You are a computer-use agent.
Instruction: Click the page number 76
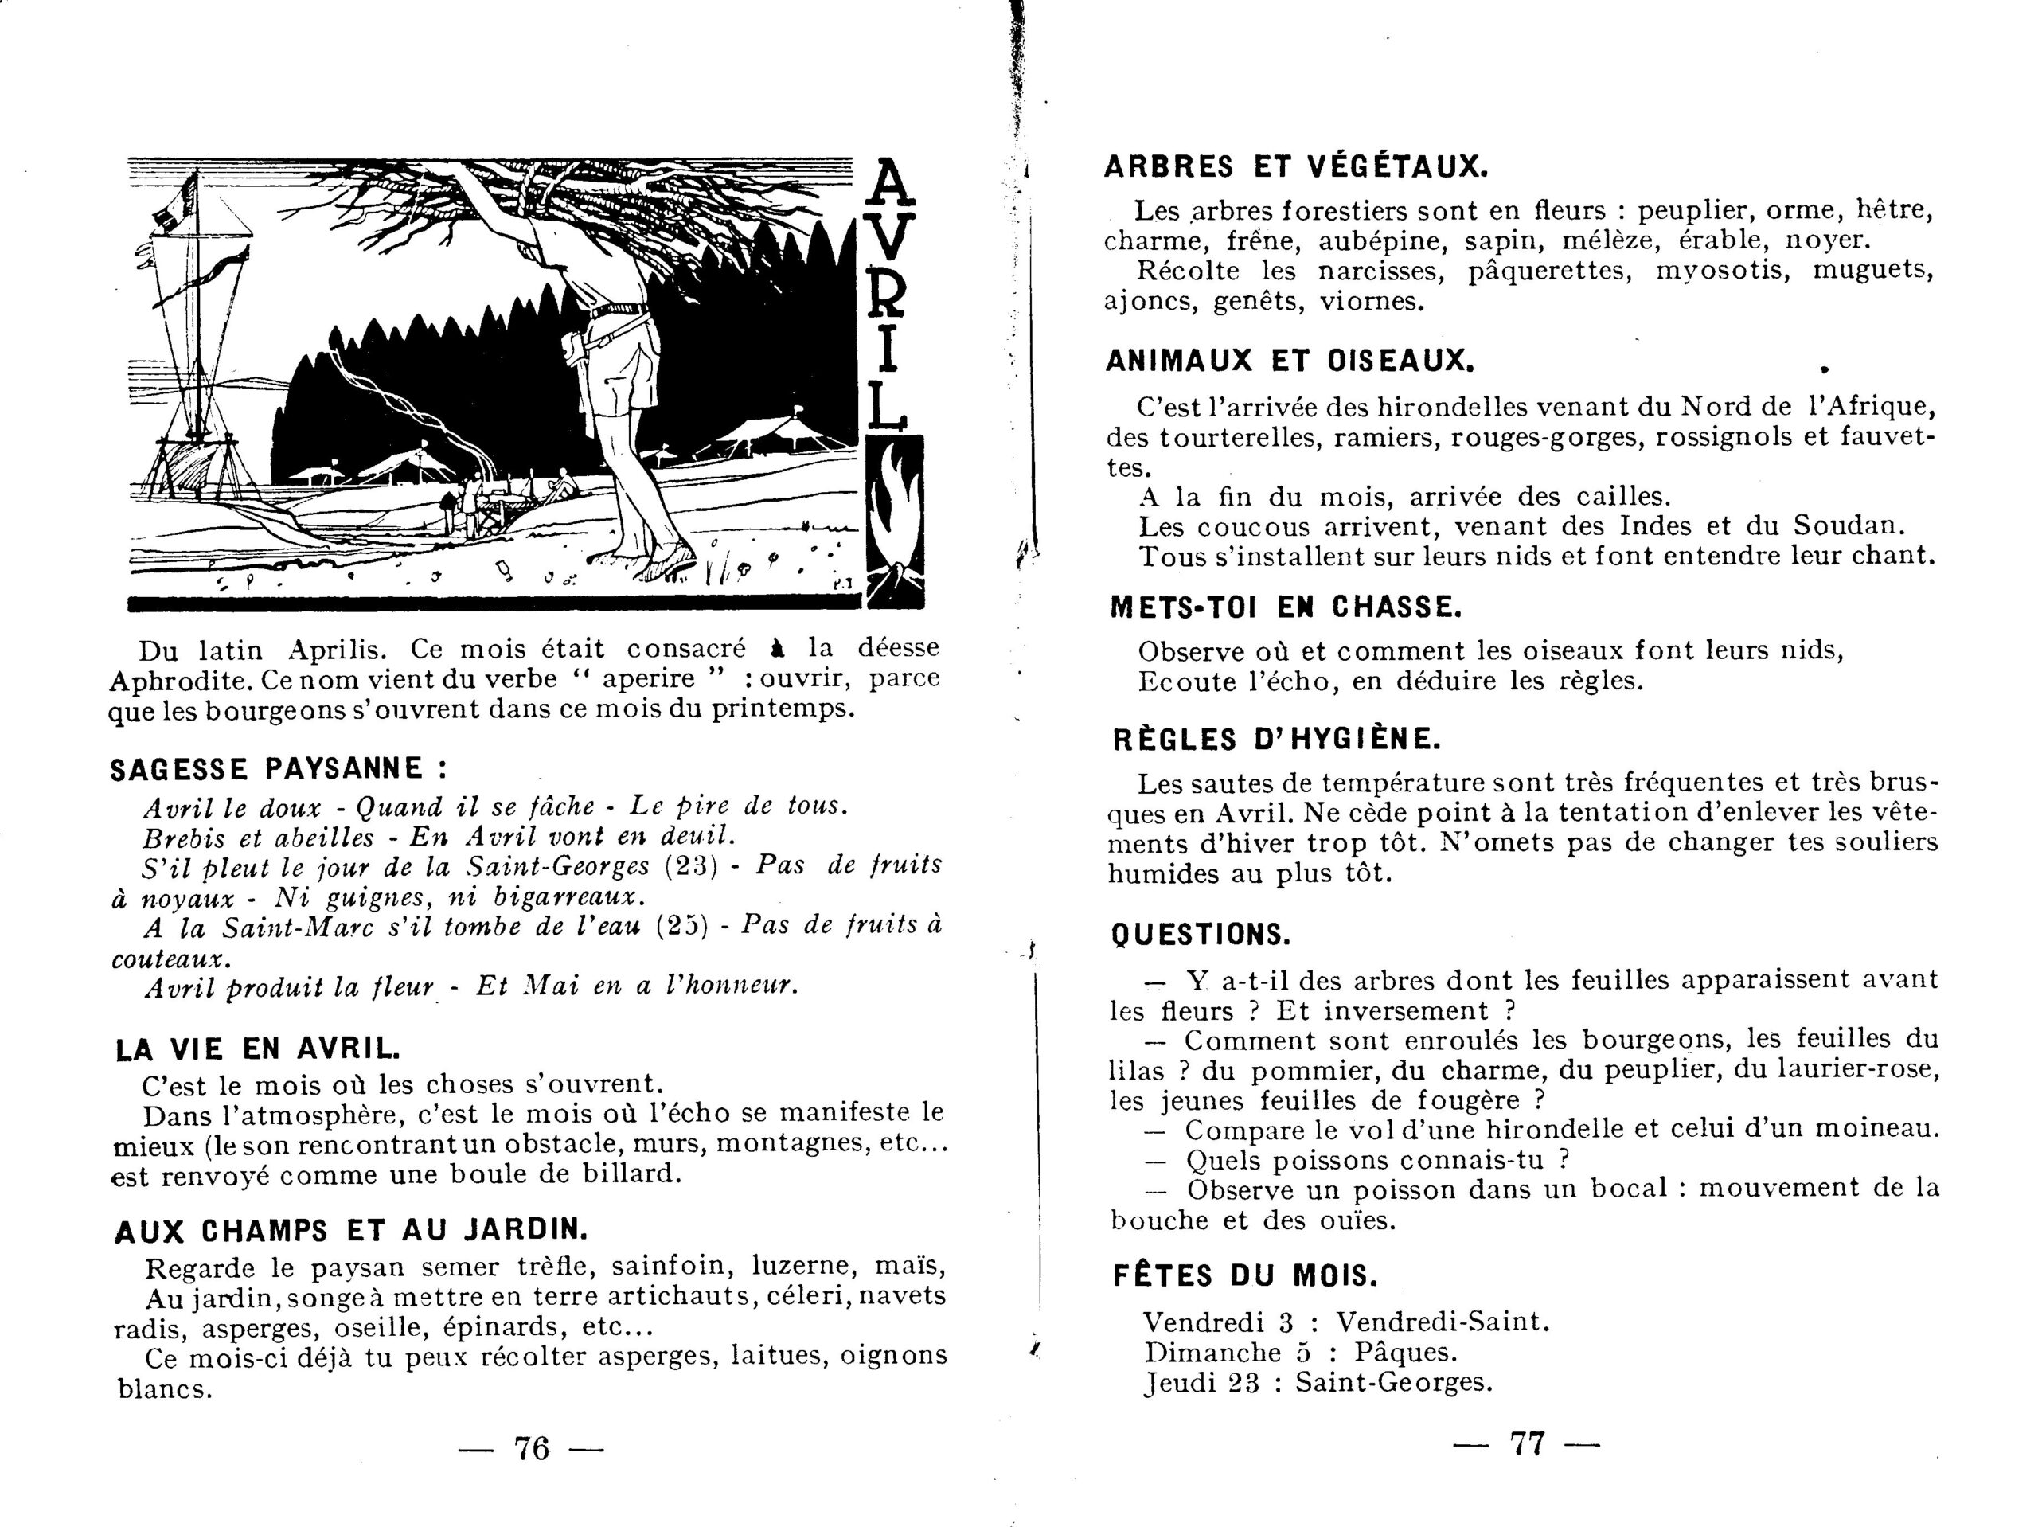(531, 1449)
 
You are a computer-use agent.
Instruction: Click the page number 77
(1527, 1443)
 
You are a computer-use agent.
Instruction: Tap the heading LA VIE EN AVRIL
(258, 1049)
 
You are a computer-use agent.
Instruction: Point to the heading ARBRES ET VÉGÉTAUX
(1296, 167)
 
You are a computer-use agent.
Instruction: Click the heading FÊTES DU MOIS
(1246, 1276)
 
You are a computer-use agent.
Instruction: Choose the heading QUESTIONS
(1201, 935)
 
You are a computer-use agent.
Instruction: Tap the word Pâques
(1407, 1353)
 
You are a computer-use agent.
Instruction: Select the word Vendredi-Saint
(1442, 1322)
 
